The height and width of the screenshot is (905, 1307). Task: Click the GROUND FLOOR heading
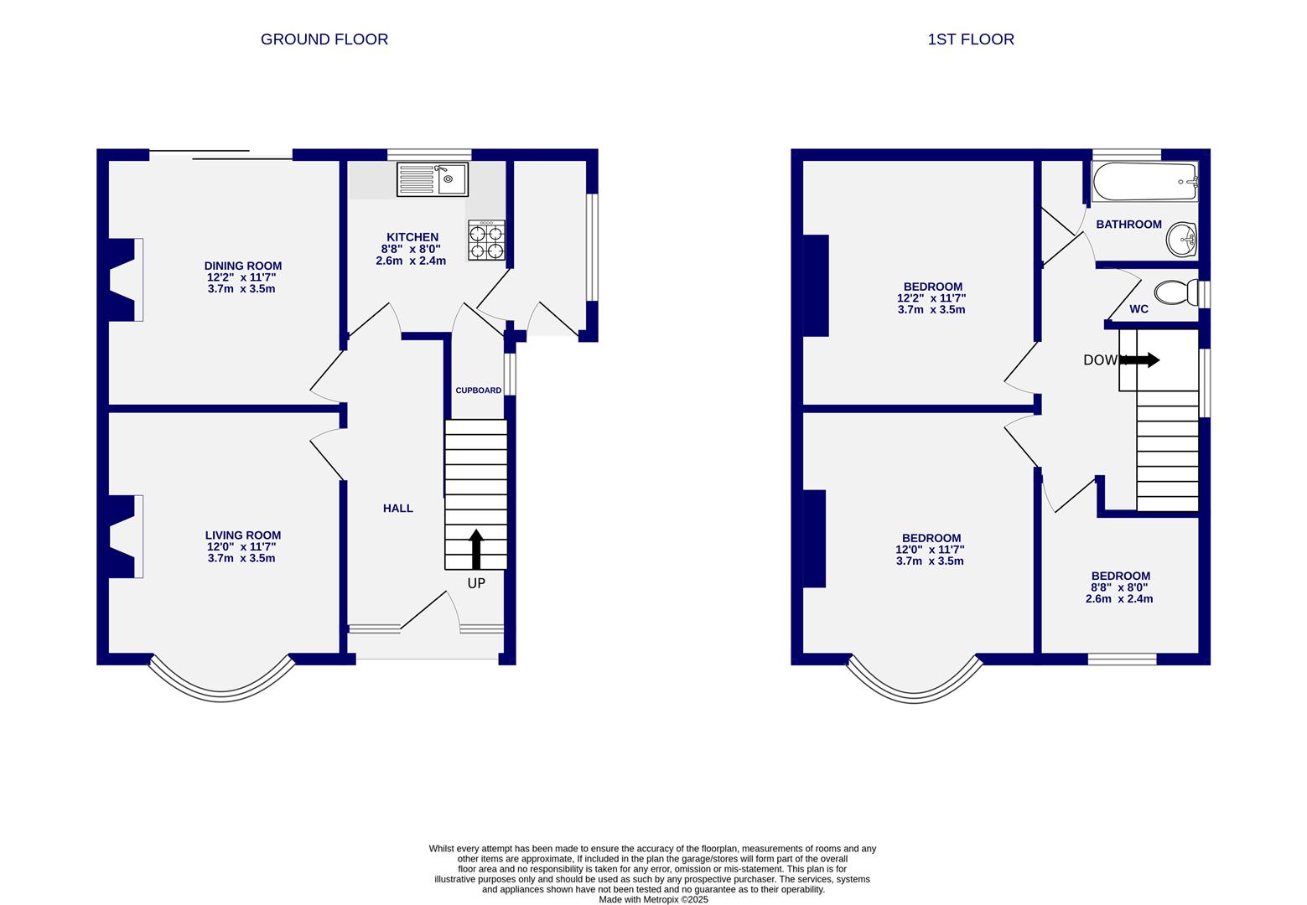(324, 39)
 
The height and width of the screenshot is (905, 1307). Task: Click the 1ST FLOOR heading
(970, 39)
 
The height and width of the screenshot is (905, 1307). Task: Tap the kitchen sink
(432, 179)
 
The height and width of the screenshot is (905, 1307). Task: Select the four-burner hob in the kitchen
(486, 240)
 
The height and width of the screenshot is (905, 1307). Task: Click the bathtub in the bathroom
(1144, 182)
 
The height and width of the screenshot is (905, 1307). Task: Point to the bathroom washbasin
(1181, 240)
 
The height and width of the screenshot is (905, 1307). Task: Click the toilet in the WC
(1177, 292)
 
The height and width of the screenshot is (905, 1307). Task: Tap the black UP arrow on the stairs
(476, 549)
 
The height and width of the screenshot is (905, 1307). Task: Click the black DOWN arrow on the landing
(1141, 359)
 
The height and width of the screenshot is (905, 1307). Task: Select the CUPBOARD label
(478, 390)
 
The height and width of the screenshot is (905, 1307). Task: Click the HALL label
(397, 508)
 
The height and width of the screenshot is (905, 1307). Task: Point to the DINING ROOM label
(242, 266)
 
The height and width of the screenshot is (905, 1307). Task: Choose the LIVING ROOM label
(242, 535)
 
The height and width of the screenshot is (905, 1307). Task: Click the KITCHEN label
(412, 237)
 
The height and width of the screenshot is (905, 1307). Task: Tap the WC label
(1138, 309)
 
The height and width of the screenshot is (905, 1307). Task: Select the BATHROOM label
(1128, 225)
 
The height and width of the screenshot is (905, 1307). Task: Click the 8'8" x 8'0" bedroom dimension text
(1119, 587)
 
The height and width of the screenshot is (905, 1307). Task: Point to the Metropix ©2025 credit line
(653, 900)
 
